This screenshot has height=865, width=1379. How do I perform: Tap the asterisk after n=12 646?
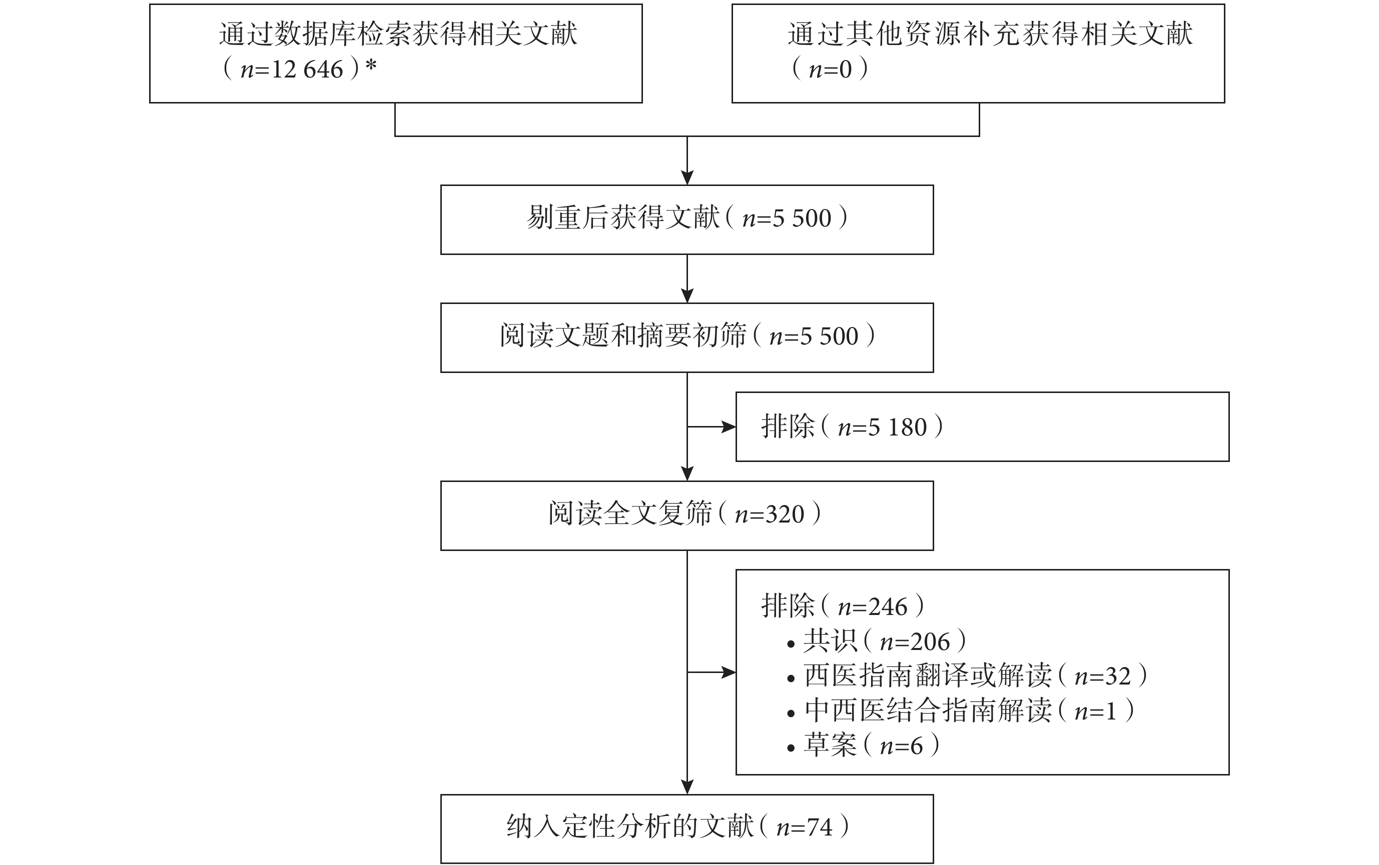(x=371, y=66)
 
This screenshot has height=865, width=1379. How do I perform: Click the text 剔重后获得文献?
(x=623, y=218)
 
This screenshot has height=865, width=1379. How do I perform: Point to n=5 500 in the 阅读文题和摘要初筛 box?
(x=814, y=337)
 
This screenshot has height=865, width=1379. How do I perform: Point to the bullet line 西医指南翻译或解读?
(x=927, y=676)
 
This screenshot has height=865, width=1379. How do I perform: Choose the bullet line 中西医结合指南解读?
(x=927, y=711)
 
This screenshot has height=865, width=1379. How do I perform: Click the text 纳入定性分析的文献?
(x=629, y=827)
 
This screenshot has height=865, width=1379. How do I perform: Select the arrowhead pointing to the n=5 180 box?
(x=729, y=427)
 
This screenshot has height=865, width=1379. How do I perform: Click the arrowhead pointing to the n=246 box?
(x=729, y=672)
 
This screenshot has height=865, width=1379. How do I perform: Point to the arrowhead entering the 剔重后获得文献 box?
(x=687, y=178)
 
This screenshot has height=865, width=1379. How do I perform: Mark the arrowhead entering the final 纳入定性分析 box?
(x=687, y=787)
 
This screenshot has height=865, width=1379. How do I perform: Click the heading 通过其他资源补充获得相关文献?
(x=990, y=34)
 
